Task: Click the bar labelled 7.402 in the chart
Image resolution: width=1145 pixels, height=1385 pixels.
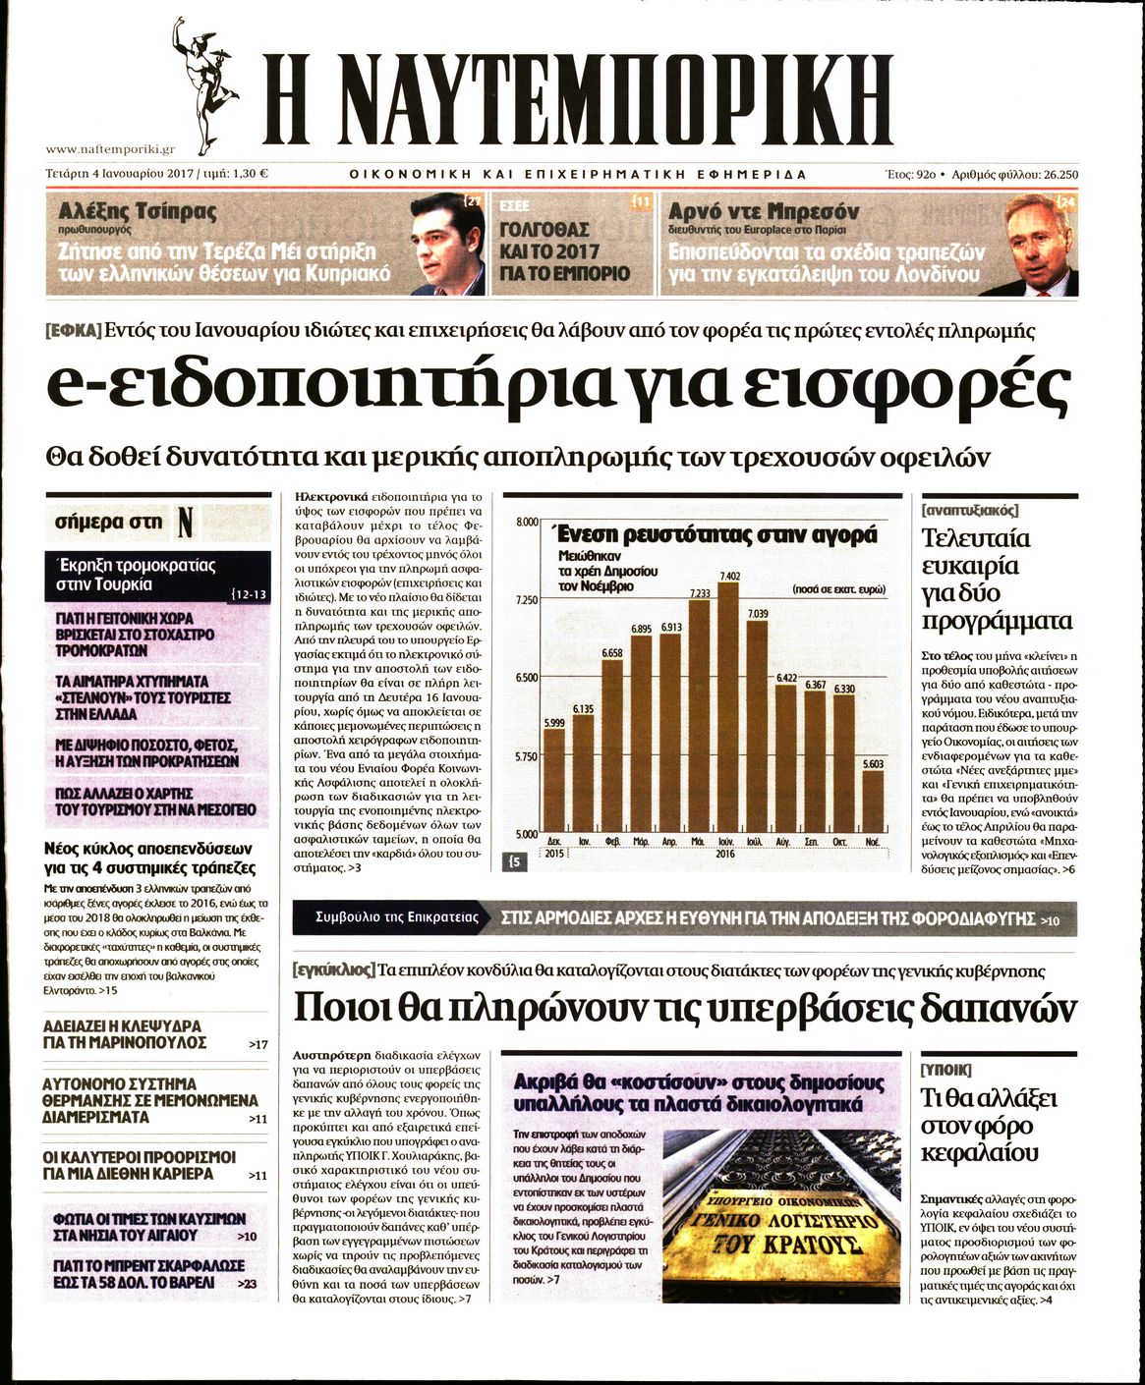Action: click(728, 707)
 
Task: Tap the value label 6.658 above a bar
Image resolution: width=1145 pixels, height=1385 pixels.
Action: click(611, 653)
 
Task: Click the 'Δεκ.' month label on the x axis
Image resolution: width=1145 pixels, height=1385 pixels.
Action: click(554, 842)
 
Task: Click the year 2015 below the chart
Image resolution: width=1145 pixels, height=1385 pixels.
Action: click(554, 854)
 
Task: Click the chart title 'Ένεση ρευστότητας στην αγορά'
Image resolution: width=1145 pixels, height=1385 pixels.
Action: click(716, 535)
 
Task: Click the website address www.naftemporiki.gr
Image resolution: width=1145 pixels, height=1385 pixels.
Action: click(110, 149)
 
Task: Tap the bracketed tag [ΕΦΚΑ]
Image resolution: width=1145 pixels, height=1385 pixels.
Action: click(74, 331)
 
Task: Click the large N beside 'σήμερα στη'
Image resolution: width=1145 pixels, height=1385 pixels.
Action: click(184, 523)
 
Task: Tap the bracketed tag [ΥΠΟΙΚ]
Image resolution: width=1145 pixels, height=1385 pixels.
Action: click(945, 1069)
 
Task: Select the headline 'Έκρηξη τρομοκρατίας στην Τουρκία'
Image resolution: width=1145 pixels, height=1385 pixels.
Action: click(136, 575)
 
